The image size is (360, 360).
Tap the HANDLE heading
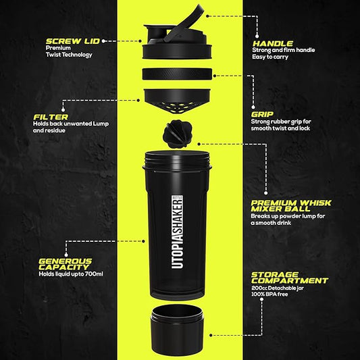point(272,42)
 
